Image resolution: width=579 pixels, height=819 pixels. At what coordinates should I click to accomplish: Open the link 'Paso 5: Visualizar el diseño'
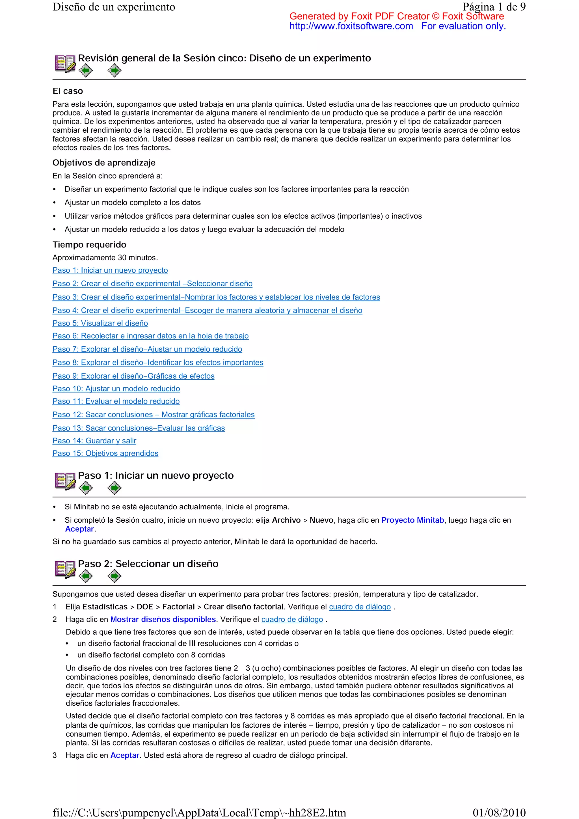pyautogui.click(x=100, y=323)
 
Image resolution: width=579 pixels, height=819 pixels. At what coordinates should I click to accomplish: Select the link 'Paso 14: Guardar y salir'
pyautogui.click(x=94, y=441)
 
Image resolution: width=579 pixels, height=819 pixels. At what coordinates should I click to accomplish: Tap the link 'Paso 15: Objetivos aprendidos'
pyautogui.click(x=105, y=453)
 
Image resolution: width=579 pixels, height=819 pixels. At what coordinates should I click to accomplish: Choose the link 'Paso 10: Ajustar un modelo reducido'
pyautogui.click(x=116, y=389)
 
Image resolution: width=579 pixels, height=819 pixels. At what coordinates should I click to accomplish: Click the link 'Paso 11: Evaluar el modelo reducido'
pyautogui.click(x=116, y=401)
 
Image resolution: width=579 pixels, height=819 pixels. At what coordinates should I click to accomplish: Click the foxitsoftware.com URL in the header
pyautogui.click(x=351, y=26)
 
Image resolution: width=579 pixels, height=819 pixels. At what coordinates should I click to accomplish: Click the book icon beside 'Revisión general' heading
pyautogui.click(x=65, y=64)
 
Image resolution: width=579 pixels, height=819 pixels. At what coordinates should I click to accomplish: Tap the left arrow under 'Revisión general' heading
pyautogui.click(x=86, y=71)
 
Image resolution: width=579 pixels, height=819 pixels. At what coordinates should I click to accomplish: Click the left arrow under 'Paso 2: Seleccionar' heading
pyautogui.click(x=86, y=576)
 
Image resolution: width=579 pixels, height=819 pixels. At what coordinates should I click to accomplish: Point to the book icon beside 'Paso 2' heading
pyautogui.click(x=65, y=569)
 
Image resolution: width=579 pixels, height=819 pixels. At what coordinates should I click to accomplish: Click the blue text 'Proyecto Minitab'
pyautogui.click(x=412, y=520)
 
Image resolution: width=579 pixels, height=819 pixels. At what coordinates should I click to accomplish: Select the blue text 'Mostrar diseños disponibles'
pyautogui.click(x=163, y=619)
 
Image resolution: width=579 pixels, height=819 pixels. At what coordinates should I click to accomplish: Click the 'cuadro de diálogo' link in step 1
pyautogui.click(x=360, y=607)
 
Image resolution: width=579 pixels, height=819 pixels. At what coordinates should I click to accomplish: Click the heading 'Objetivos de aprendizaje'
pyautogui.click(x=104, y=163)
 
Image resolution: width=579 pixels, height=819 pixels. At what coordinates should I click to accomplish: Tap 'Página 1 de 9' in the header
pyautogui.click(x=494, y=7)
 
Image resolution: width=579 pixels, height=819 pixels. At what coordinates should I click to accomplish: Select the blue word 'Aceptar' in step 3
pyautogui.click(x=124, y=755)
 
